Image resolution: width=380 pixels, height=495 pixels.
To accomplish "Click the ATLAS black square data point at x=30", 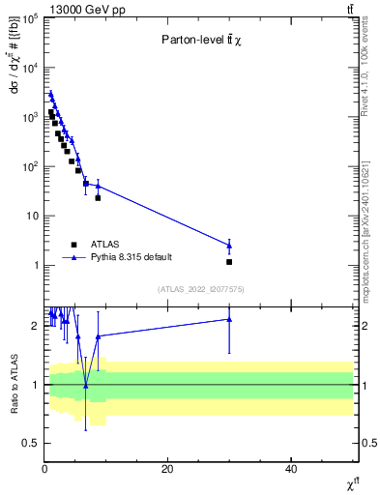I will tap(229, 262).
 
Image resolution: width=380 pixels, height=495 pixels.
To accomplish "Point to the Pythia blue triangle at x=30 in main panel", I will tap(229, 245).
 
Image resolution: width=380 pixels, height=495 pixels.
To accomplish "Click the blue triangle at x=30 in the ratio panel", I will tap(229, 319).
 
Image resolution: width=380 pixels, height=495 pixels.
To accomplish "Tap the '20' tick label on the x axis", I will tap(167, 469).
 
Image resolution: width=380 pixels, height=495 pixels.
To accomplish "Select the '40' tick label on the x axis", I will tap(291, 469).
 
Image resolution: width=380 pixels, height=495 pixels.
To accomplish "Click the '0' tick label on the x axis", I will tap(44, 469).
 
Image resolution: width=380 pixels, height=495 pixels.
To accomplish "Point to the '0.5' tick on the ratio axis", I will tap(31, 443).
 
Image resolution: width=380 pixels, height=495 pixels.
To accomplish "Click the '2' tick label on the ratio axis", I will tap(36, 326).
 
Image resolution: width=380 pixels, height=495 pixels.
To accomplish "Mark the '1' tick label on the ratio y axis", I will tap(36, 385).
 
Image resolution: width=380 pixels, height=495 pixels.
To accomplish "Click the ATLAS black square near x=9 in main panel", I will tap(98, 197).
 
